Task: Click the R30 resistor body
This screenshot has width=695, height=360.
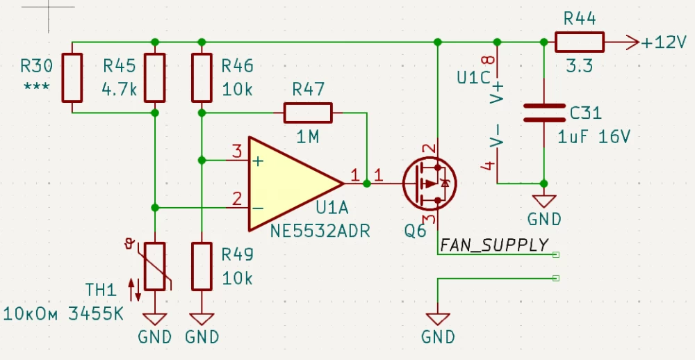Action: tap(72, 77)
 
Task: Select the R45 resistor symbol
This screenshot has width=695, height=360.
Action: tap(154, 77)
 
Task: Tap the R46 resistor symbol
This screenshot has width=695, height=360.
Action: tap(201, 77)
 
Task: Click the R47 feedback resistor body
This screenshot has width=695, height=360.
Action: tap(308, 112)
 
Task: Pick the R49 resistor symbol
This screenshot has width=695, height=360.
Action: tap(201, 266)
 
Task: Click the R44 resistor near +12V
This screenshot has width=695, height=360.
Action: tap(580, 42)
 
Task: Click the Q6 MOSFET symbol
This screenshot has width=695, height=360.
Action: tap(430, 183)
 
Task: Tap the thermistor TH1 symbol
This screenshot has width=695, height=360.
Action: tap(154, 266)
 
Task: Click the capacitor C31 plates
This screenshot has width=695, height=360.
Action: tap(543, 113)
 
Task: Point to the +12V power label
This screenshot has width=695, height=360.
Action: tap(664, 42)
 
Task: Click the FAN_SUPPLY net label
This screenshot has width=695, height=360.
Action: tap(494, 245)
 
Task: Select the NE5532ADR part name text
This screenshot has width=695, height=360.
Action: tap(319, 229)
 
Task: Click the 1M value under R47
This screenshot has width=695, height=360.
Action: tap(307, 138)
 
